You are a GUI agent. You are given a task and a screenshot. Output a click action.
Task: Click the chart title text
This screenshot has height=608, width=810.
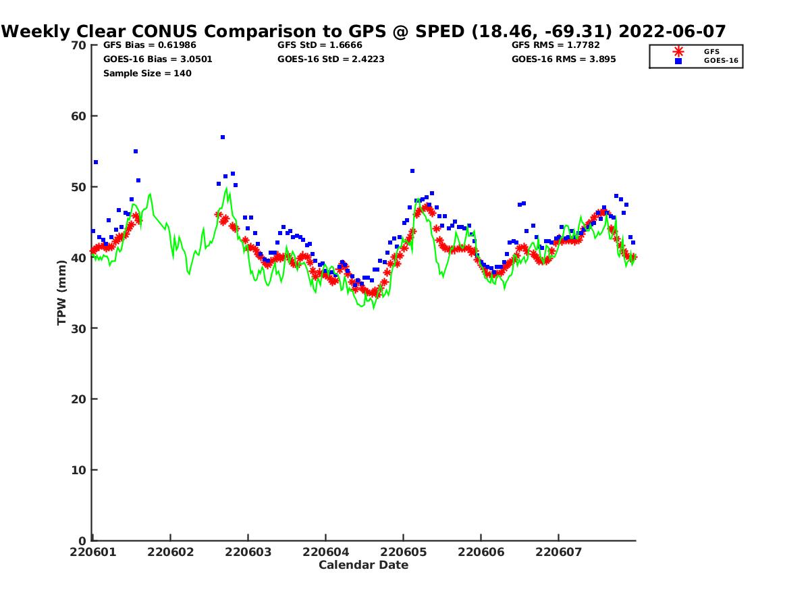click(x=363, y=31)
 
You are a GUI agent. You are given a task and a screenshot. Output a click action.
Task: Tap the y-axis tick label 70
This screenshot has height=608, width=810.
click(x=78, y=45)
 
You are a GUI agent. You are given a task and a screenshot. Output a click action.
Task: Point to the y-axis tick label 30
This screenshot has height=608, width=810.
click(x=78, y=328)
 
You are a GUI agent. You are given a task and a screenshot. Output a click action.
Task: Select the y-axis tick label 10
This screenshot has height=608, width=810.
click(x=78, y=470)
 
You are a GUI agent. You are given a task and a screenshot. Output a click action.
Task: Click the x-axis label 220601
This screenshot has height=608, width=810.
click(x=93, y=552)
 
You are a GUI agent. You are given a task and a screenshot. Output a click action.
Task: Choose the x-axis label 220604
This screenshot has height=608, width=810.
click(x=326, y=552)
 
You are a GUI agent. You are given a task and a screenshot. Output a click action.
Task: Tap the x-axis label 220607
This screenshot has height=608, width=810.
click(x=559, y=552)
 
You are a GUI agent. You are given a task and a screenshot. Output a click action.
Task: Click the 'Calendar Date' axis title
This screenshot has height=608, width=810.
click(x=363, y=565)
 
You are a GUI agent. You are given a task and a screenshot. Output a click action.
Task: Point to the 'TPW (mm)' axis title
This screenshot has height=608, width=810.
click(x=61, y=293)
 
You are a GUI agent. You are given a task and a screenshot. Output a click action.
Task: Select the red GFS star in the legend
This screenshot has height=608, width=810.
click(x=678, y=52)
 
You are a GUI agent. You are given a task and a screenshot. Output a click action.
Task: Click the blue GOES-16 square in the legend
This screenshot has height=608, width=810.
click(x=678, y=61)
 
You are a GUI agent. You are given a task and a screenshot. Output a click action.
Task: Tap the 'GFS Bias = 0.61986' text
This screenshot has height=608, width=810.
click(x=150, y=45)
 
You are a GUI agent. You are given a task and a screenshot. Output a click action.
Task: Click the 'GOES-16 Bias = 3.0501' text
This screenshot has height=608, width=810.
click(x=158, y=59)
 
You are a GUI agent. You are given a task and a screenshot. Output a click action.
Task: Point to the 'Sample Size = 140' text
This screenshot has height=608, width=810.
click(x=148, y=74)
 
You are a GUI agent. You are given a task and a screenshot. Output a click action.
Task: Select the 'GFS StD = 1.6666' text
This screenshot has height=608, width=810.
click(x=320, y=45)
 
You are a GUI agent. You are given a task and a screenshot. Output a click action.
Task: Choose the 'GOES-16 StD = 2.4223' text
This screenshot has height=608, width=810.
click(x=331, y=59)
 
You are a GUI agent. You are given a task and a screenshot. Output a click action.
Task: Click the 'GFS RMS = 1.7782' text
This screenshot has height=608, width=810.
click(x=556, y=45)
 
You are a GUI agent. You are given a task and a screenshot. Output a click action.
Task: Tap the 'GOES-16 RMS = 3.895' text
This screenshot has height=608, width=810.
click(x=564, y=59)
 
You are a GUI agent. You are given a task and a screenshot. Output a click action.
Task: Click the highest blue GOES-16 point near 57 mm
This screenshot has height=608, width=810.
click(x=223, y=137)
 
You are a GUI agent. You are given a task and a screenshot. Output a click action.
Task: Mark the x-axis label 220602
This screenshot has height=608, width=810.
click(x=171, y=552)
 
